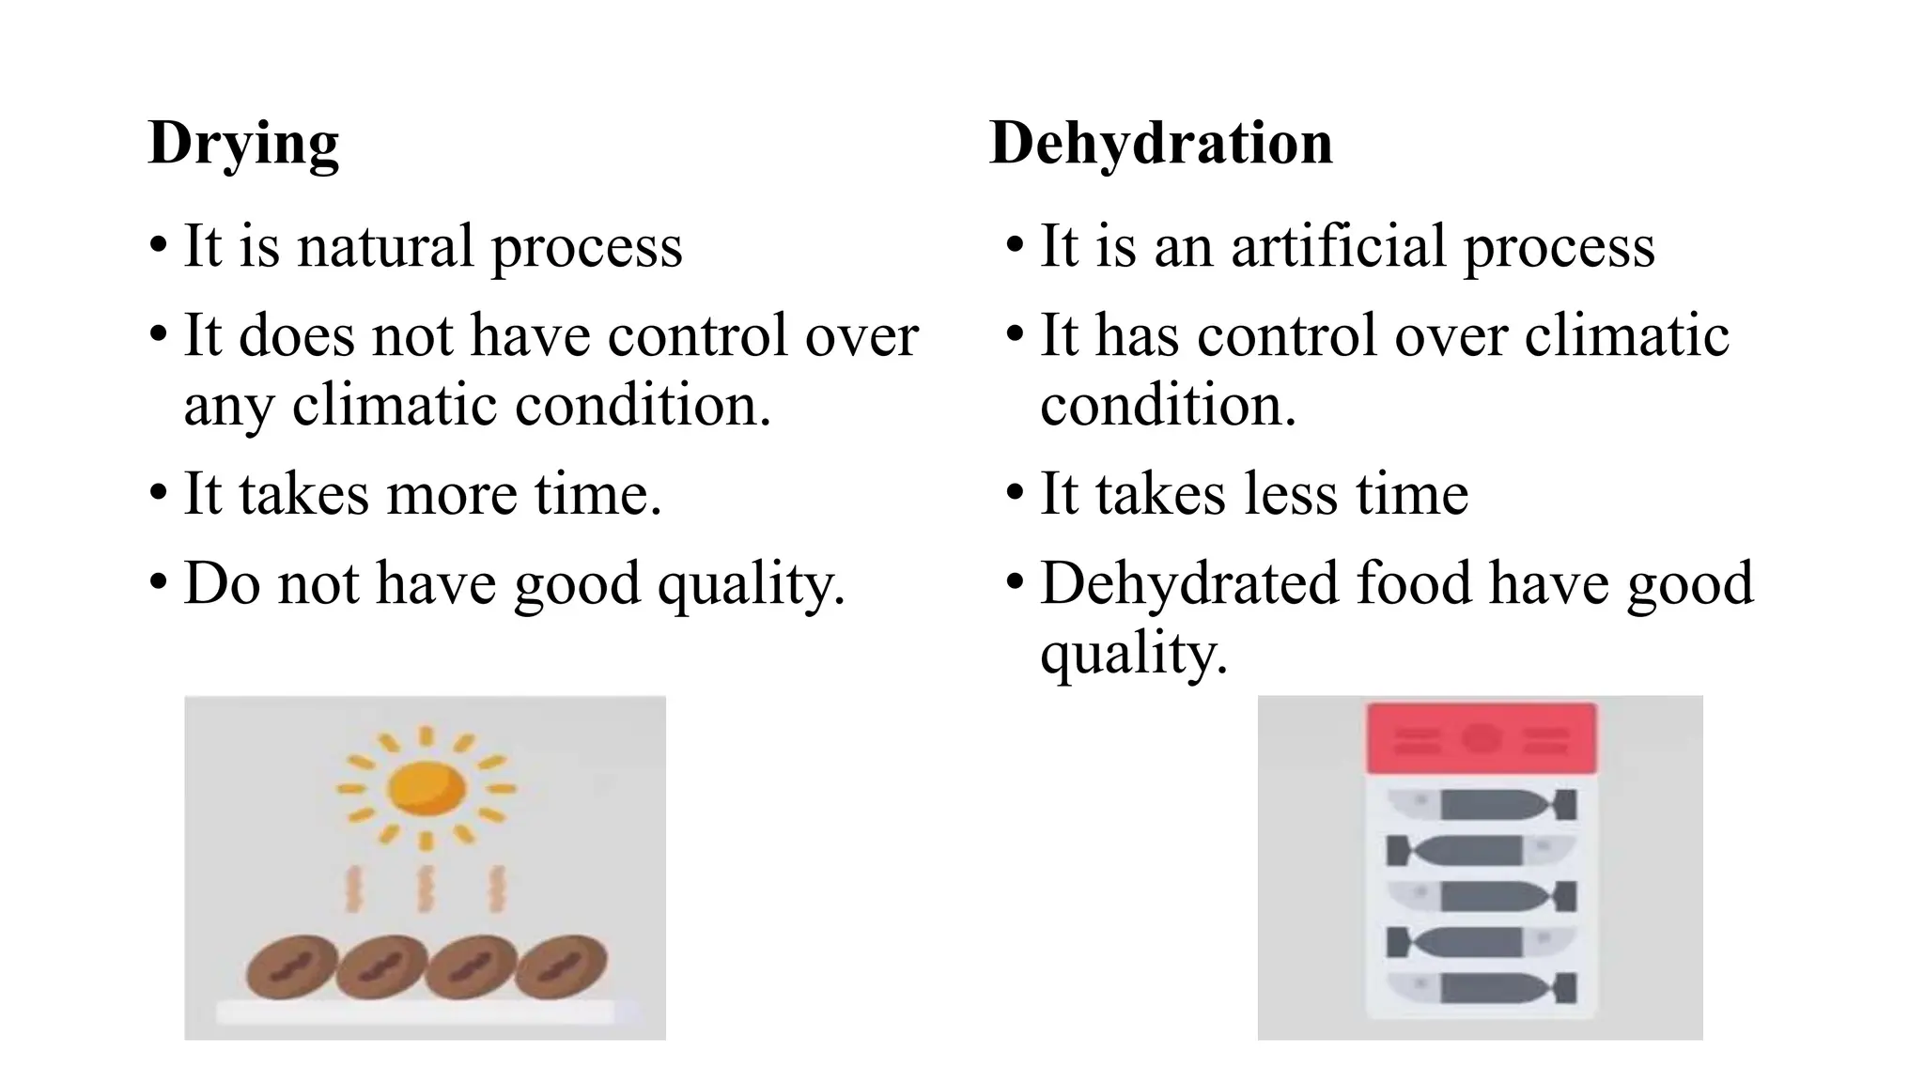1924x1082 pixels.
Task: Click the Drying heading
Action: pos(243,144)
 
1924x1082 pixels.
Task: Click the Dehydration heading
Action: pos(1161,144)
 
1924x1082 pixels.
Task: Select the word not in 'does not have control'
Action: pos(411,335)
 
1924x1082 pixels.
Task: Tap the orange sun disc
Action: pos(427,786)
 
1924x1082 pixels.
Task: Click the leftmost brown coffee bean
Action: pos(292,967)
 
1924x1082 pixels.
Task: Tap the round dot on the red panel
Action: pos(1481,738)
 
